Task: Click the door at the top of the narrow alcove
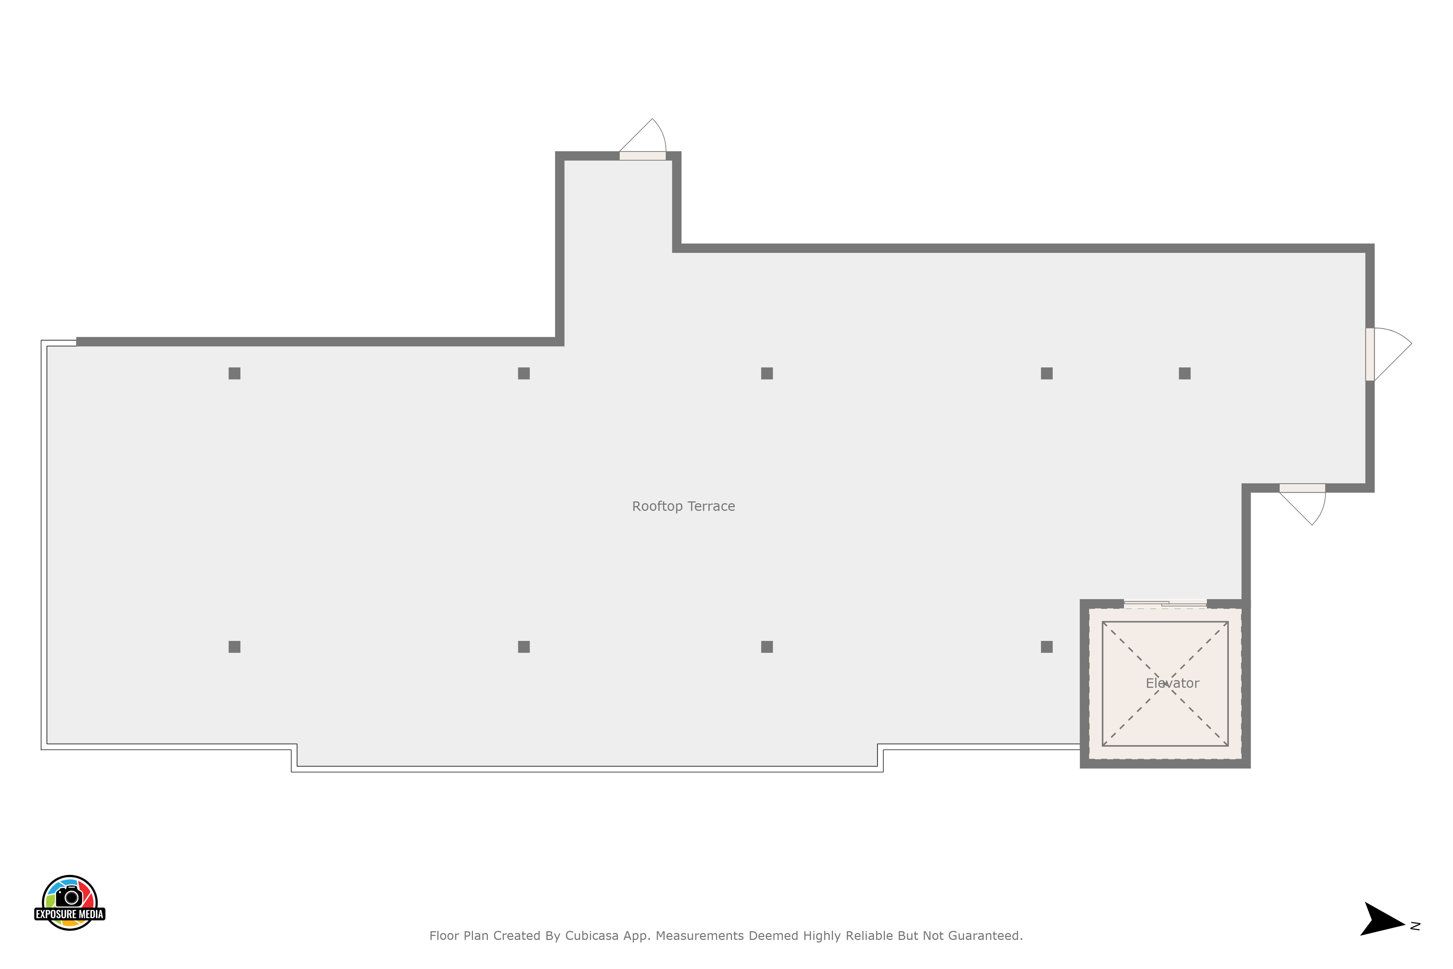tap(643, 156)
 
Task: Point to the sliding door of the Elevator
tap(1165, 604)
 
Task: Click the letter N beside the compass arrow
tap(1415, 926)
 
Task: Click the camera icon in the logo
tap(69, 896)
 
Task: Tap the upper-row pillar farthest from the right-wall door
tap(234, 373)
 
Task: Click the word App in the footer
tap(637, 936)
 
